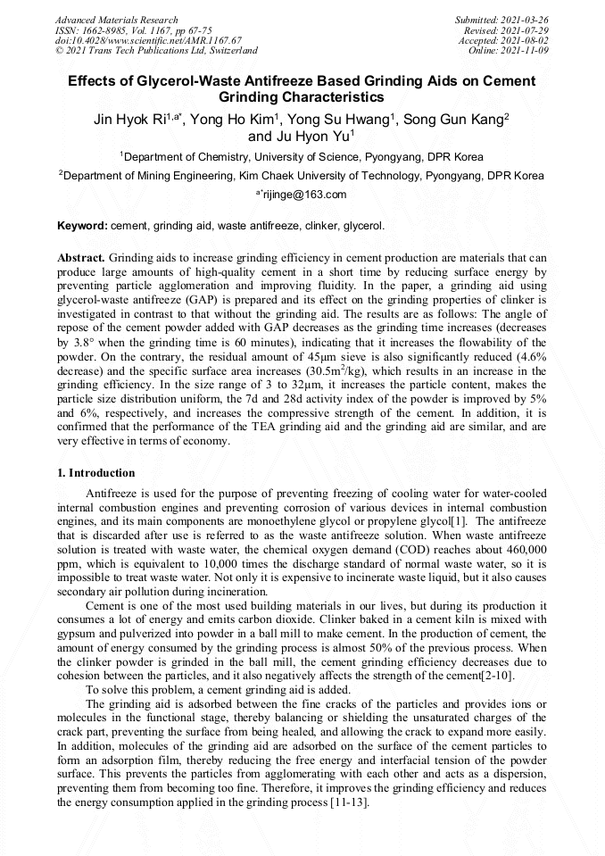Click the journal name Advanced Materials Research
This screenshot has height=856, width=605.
click(x=116, y=20)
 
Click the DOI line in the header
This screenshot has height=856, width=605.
click(x=135, y=40)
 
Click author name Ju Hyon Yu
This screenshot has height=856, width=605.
click(x=312, y=136)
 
